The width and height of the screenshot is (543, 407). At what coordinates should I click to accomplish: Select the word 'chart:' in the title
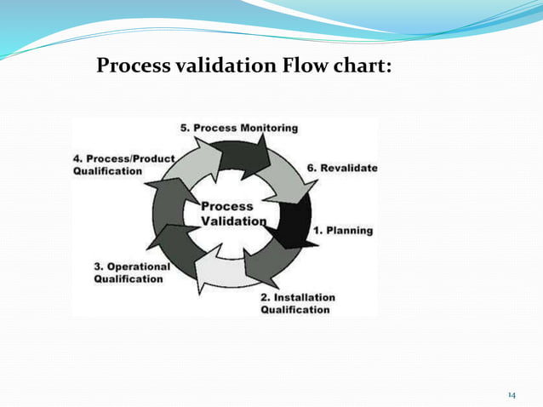tap(362, 66)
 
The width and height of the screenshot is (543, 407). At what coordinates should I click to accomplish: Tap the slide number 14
tap(512, 395)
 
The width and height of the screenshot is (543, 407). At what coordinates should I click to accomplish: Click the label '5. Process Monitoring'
tap(239, 128)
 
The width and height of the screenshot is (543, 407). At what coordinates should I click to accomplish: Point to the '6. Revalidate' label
tap(342, 168)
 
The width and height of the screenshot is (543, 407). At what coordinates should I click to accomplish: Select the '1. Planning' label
tap(344, 230)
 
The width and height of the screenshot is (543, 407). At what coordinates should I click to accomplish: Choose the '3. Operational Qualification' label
tap(132, 272)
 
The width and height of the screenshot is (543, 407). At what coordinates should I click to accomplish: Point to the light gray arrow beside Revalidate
tap(286, 181)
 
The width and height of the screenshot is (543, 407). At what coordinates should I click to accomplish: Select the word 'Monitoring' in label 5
tap(268, 128)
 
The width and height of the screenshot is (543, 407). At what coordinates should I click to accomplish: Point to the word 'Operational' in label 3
tap(139, 266)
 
